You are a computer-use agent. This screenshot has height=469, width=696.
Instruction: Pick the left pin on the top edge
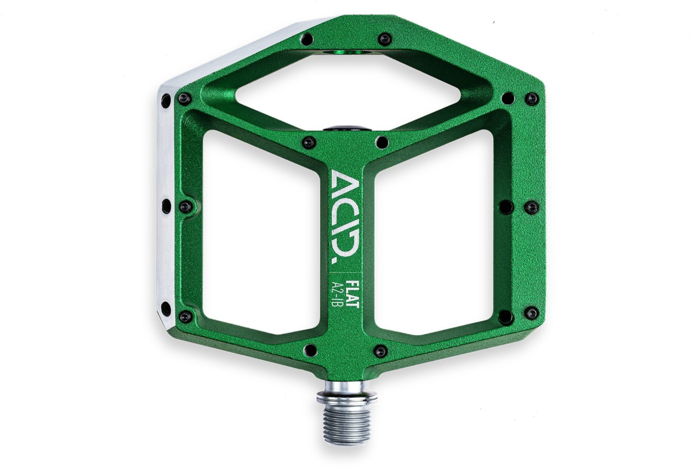pos(308,39)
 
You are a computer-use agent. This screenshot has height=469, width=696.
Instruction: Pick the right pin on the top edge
pos(383,39)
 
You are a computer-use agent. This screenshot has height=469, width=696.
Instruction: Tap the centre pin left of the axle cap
pos(310,141)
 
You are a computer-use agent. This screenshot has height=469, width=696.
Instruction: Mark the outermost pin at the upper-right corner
pos(530,99)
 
